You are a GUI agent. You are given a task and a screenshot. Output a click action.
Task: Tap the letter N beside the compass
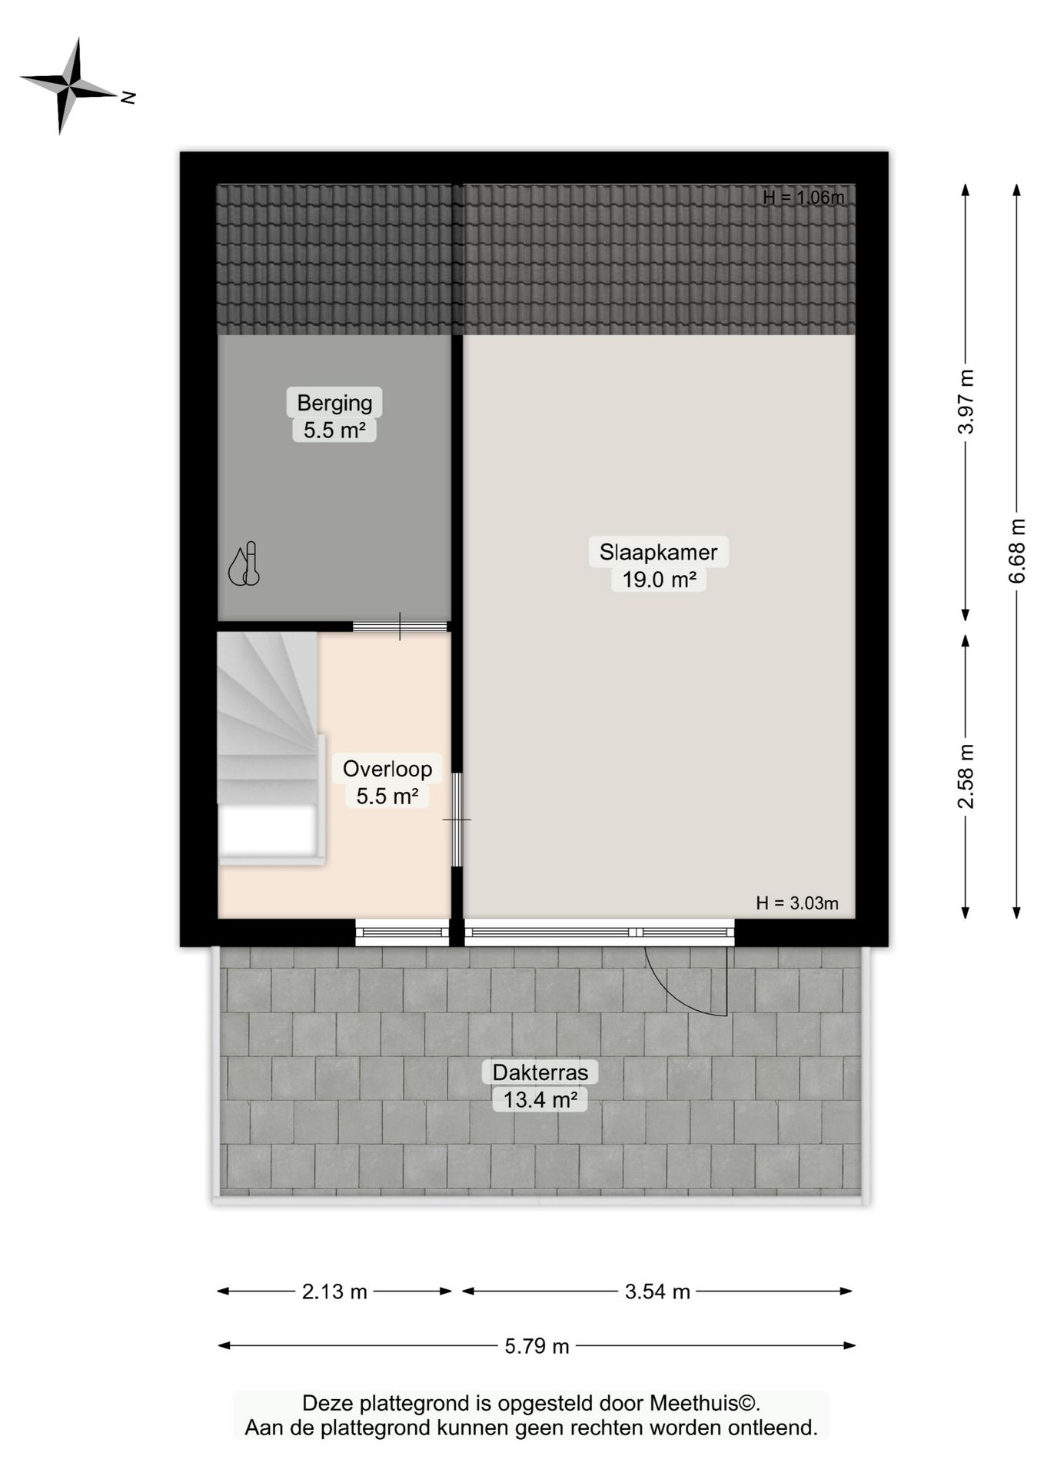coord(128,98)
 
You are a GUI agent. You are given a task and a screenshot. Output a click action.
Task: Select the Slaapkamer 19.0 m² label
coord(659,565)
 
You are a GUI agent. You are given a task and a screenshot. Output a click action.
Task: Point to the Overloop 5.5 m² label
coord(387,782)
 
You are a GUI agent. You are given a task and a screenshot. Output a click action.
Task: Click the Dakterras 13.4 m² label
coord(540,1085)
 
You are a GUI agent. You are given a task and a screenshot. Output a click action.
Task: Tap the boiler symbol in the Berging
coord(244,566)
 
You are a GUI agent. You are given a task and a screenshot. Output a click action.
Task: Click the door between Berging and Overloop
coord(400,626)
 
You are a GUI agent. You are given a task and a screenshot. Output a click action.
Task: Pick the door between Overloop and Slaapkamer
coord(457,819)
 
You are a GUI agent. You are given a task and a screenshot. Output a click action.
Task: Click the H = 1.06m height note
coord(803,198)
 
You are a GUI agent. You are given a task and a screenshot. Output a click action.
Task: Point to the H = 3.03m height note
coord(797,903)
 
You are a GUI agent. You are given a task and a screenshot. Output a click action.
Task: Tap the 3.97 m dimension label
coord(966,401)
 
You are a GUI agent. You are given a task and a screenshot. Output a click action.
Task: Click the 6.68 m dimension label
coord(1017,550)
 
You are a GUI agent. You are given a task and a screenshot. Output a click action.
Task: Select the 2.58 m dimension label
coord(966,776)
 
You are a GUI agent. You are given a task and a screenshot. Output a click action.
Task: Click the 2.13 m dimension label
coord(334,1291)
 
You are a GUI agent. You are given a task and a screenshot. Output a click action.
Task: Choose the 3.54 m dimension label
coord(657,1291)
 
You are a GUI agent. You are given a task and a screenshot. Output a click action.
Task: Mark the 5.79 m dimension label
coord(537,1345)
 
